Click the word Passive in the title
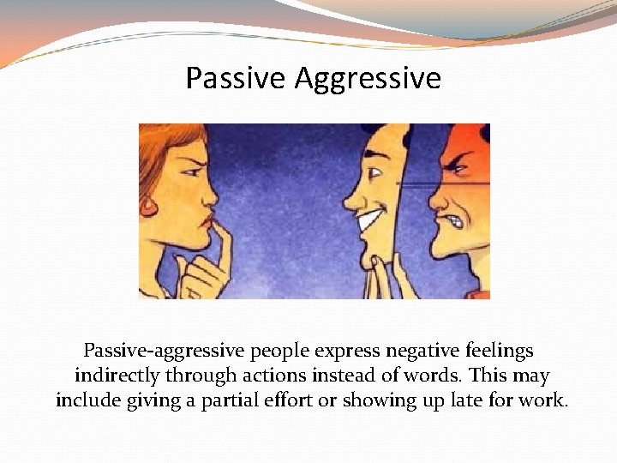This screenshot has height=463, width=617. (236, 79)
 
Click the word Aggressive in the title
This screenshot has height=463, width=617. (368, 79)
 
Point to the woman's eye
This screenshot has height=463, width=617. (190, 171)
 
